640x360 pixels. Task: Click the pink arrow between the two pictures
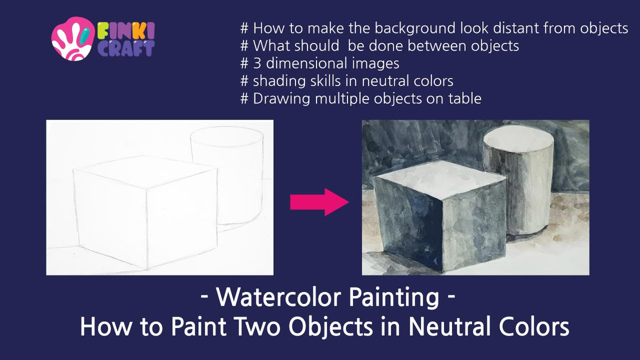(x=319, y=201)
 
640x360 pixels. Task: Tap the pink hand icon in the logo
(x=72, y=39)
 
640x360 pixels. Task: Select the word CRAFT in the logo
(x=126, y=48)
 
